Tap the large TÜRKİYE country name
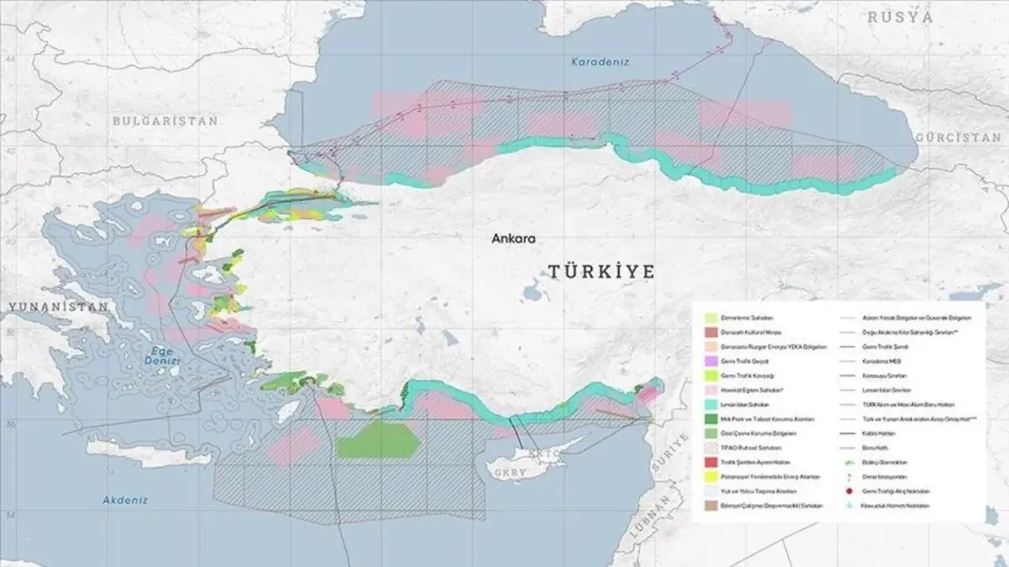[x=601, y=272]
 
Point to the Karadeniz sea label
[x=601, y=62]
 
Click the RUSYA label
[x=901, y=17]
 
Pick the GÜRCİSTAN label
[x=958, y=137]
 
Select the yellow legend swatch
[x=710, y=477]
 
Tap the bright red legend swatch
[x=710, y=462]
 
